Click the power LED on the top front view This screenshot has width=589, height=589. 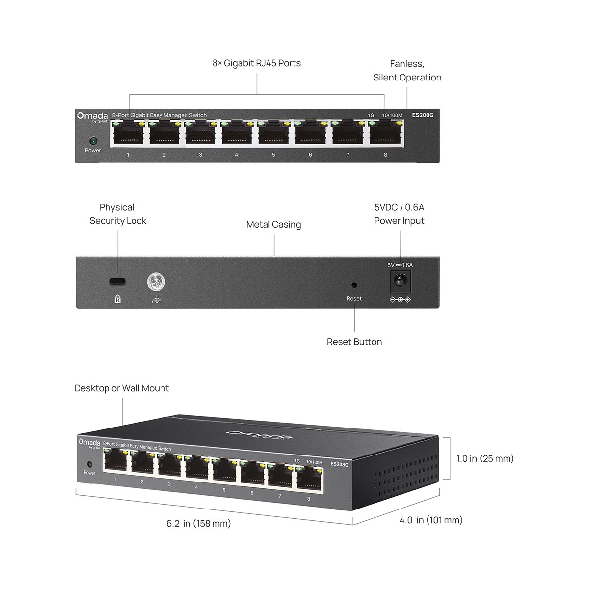93,141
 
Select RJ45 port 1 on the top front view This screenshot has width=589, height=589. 128,134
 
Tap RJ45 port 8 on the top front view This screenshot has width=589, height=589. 385,134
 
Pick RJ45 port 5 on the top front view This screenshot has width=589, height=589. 273,134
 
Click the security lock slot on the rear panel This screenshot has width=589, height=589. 117,281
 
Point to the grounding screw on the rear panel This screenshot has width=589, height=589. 156,282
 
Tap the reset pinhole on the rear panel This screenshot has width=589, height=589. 354,285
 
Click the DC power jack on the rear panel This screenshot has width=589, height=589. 400,282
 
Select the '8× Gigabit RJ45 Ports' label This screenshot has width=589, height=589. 256,63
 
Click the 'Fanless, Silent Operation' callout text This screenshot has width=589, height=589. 407,71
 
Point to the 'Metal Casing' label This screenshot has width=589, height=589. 273,225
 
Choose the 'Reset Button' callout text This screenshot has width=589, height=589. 354,342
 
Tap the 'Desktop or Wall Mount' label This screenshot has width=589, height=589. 121,388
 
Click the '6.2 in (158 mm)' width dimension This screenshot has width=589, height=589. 198,524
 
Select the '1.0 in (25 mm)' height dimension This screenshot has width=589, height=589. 484,459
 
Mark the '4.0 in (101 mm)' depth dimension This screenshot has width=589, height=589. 430,520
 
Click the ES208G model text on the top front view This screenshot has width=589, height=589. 423,115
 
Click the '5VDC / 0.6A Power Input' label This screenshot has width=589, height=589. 399,214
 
